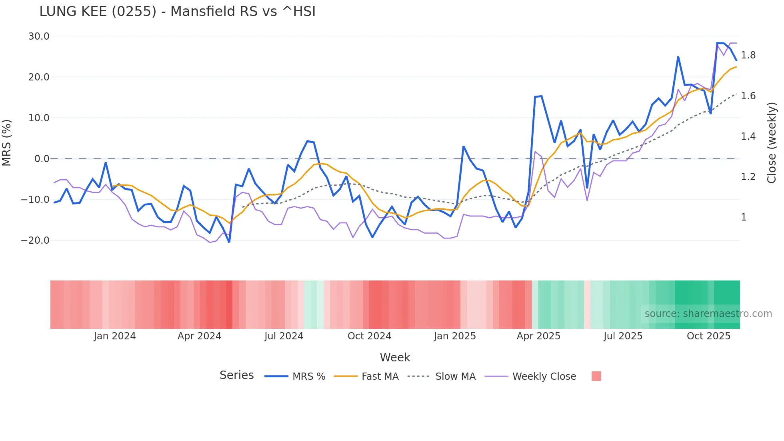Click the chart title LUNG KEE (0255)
pyautogui.click(x=177, y=11)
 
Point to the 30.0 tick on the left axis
pyautogui.click(x=39, y=36)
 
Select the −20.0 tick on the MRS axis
pyautogui.click(x=35, y=241)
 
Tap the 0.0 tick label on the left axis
pyautogui.click(x=42, y=159)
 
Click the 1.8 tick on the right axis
pyautogui.click(x=748, y=55)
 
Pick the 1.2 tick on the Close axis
pyautogui.click(x=748, y=177)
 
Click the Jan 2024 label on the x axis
pyautogui.click(x=115, y=336)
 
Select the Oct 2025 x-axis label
pyautogui.click(x=708, y=336)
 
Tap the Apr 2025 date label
pyautogui.click(x=538, y=336)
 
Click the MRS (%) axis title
pyautogui.click(x=7, y=142)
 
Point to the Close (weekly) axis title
pyautogui.click(x=772, y=142)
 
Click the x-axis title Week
pyautogui.click(x=395, y=357)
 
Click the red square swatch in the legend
pyautogui.click(x=596, y=376)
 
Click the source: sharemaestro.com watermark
pyautogui.click(x=708, y=314)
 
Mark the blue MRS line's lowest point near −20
pyautogui.click(x=229, y=242)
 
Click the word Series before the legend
pyautogui.click(x=236, y=375)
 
